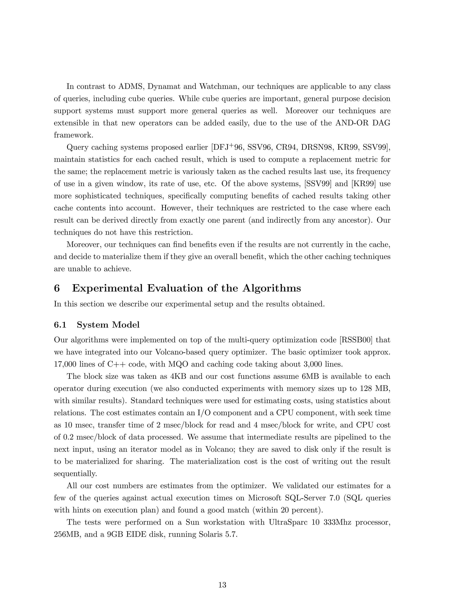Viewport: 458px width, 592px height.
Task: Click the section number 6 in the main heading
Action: point(57,288)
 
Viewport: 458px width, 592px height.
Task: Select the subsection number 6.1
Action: point(60,325)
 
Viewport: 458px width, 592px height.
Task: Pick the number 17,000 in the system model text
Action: point(65,364)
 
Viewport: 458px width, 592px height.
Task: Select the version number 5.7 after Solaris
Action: point(232,535)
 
